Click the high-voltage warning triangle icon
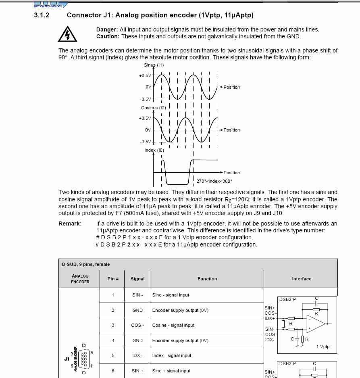(67, 34)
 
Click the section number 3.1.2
(42, 15)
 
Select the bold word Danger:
(107, 29)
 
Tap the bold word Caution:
(108, 36)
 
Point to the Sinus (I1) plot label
(154, 65)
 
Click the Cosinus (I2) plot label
(153, 108)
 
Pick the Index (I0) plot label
(154, 150)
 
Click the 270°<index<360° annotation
(214, 181)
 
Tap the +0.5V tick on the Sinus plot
(145, 75)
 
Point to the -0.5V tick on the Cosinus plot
(145, 142)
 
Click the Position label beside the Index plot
(231, 173)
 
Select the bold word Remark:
(70, 223)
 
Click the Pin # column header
(113, 279)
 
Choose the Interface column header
(302, 279)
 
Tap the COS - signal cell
(137, 325)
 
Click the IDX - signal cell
(137, 355)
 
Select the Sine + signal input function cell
(171, 371)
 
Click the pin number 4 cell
(113, 340)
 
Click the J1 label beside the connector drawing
(67, 358)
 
